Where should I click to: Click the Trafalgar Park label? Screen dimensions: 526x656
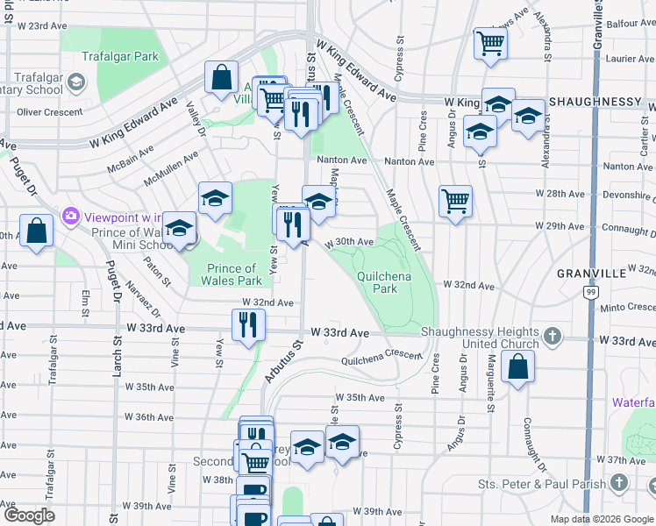point(120,56)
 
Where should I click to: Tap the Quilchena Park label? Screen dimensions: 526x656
point(378,281)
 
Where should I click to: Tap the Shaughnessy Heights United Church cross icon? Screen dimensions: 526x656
point(552,336)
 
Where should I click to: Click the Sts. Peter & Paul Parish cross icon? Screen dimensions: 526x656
point(619,483)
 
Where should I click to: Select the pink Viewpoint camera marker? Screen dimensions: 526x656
point(68,215)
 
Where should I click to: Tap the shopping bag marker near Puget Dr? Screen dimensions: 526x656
point(38,232)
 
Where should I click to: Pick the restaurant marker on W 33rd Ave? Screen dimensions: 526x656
point(247,325)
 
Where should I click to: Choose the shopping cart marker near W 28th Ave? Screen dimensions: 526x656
point(455,203)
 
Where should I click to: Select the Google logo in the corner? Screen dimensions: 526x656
point(28,515)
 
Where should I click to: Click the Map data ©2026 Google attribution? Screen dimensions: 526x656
point(601,519)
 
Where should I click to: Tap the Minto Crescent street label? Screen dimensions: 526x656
point(625,307)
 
